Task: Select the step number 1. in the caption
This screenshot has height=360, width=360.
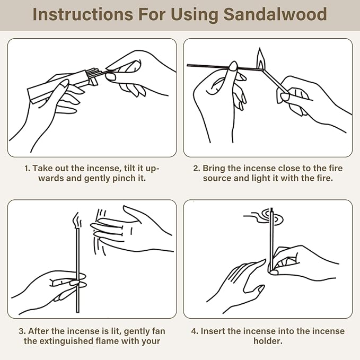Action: (x=27, y=168)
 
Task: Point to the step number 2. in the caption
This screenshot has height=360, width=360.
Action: (x=196, y=168)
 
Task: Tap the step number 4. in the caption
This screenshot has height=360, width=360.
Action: (x=195, y=331)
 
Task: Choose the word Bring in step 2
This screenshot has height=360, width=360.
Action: (x=215, y=168)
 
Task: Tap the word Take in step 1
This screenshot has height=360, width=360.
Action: (x=42, y=168)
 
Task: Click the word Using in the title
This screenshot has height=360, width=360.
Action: (x=194, y=14)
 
